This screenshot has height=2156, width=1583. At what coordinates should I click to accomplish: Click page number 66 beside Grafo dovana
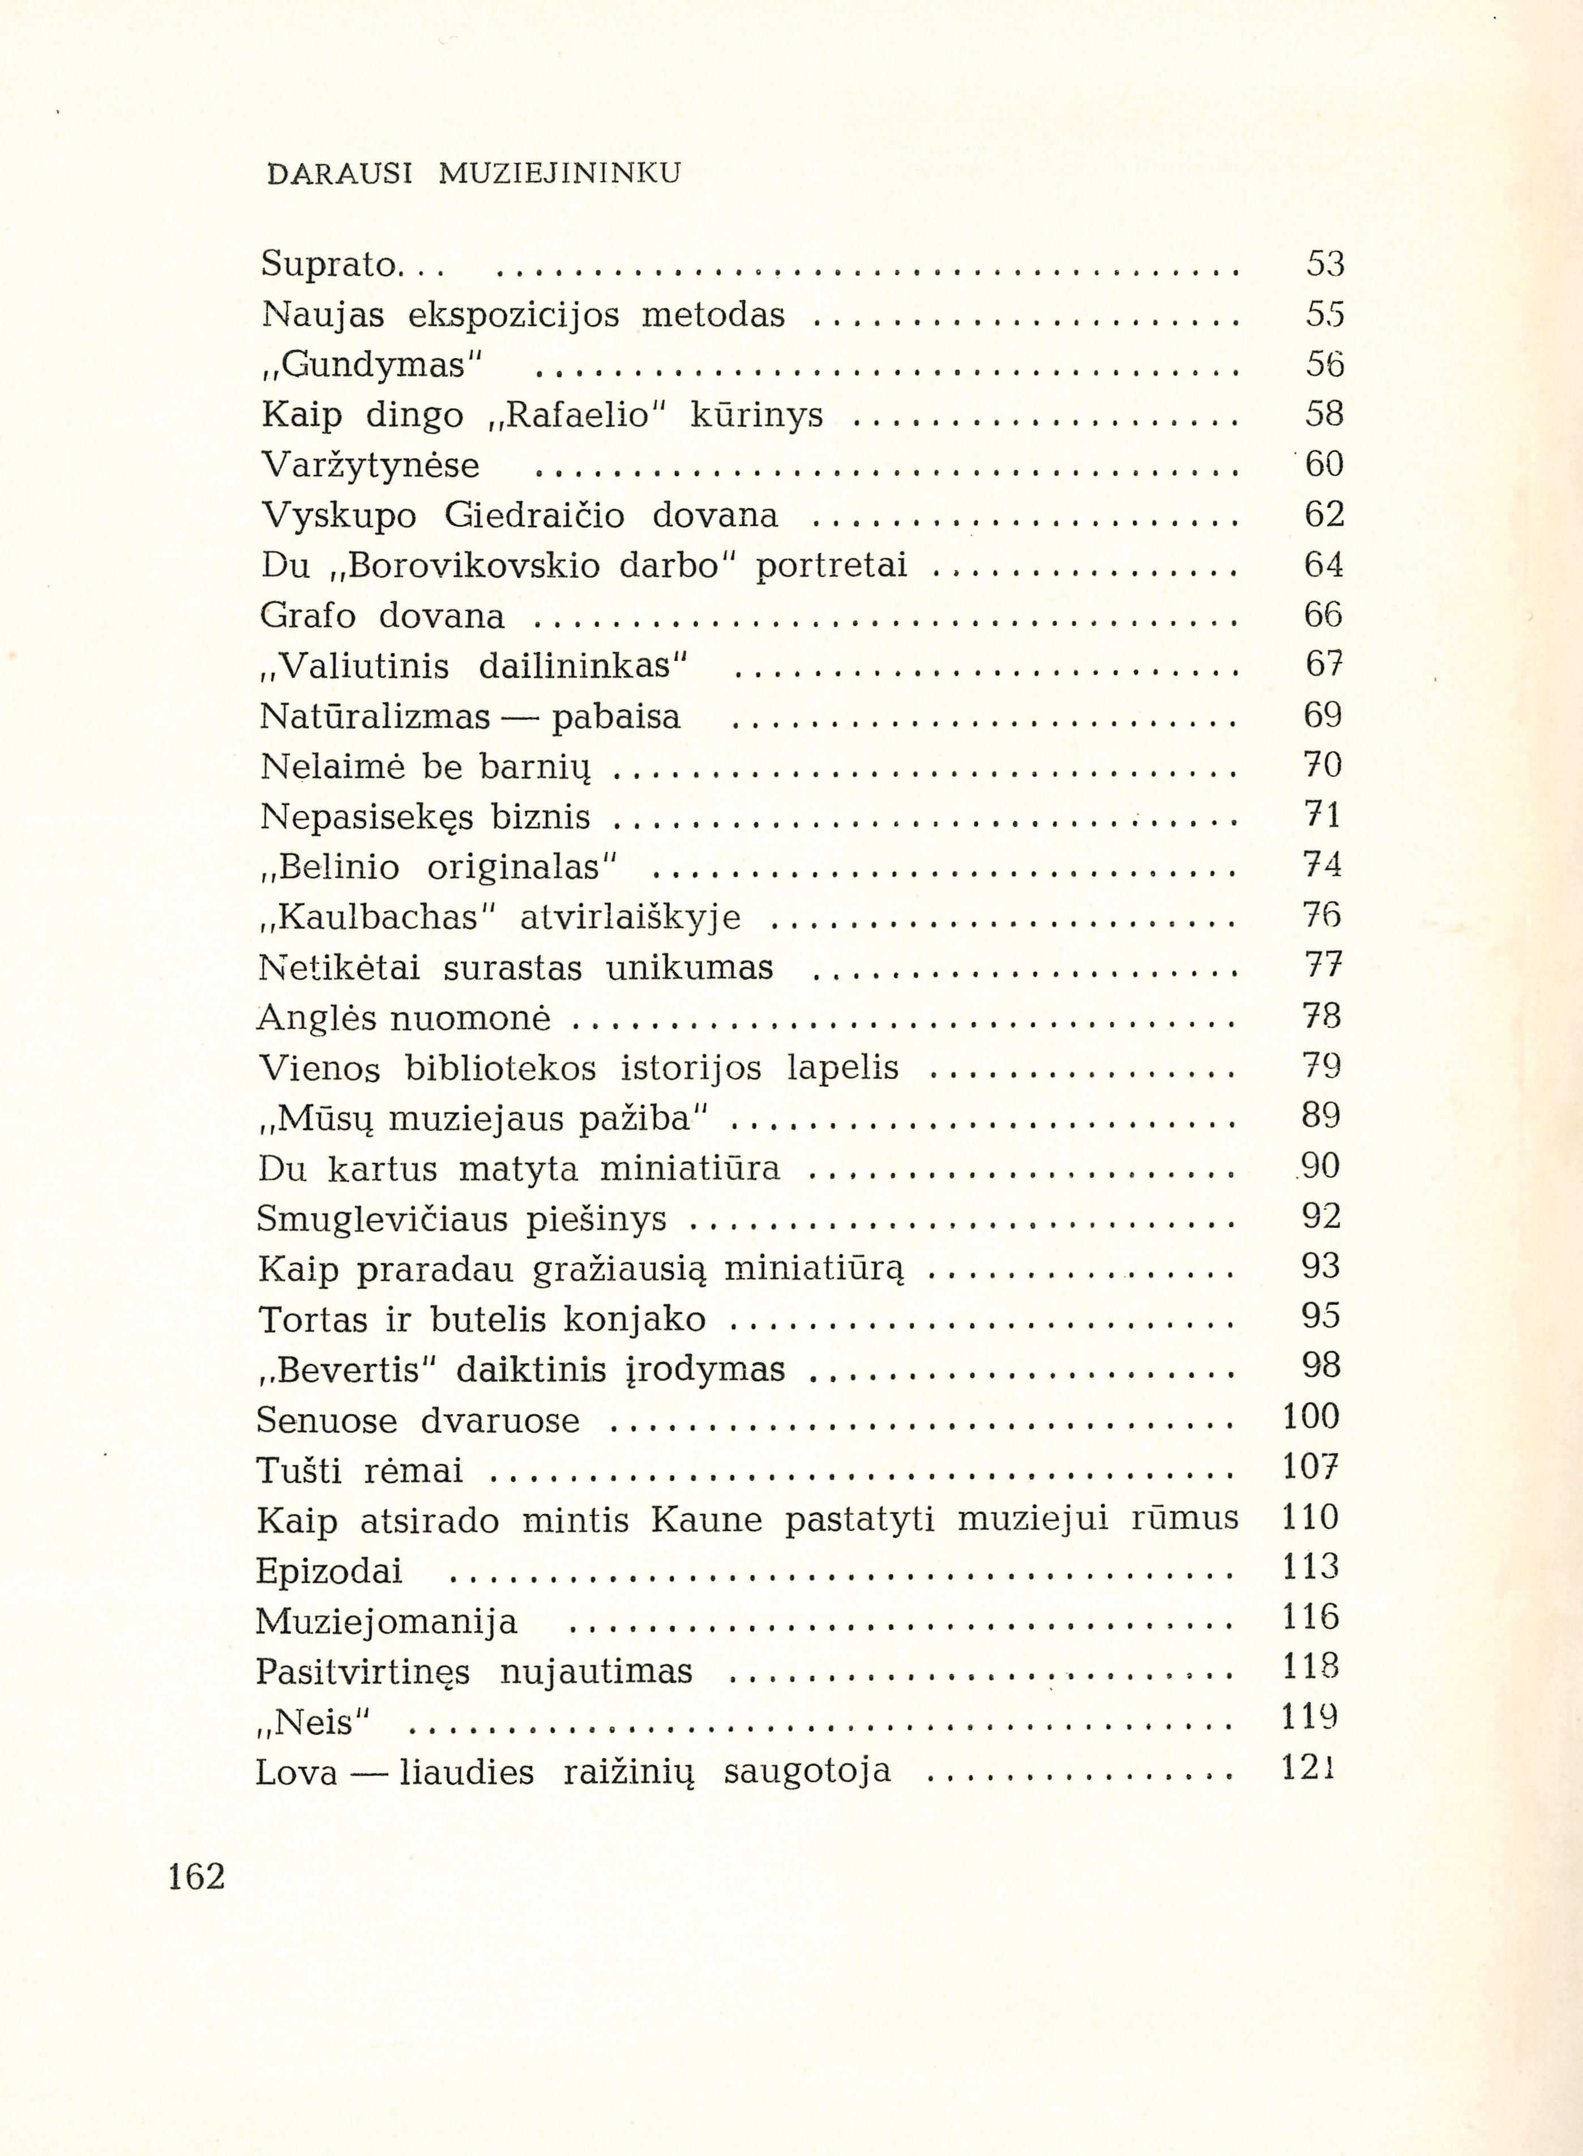pyautogui.click(x=1323, y=615)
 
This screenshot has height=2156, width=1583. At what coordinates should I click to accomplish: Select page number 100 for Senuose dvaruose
pyautogui.click(x=1311, y=1416)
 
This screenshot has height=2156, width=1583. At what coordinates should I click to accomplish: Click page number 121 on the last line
pyautogui.click(x=1309, y=1768)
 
